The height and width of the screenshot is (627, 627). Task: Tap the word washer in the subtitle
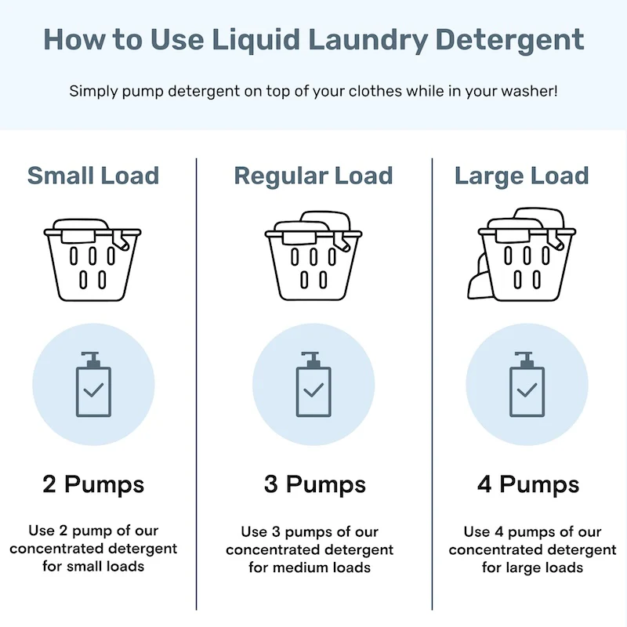tap(527, 91)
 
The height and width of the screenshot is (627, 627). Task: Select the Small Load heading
tap(93, 176)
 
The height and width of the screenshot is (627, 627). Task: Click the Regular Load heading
tap(313, 176)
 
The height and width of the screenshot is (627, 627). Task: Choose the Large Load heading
tap(521, 176)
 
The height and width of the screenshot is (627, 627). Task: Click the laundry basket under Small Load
tap(92, 259)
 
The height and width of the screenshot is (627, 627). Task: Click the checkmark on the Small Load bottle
tap(93, 390)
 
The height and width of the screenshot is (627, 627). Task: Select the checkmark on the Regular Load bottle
tap(313, 390)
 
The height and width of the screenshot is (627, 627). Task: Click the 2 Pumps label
tap(93, 484)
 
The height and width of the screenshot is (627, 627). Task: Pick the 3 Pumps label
tap(313, 484)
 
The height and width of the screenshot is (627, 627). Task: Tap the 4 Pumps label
tap(527, 484)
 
